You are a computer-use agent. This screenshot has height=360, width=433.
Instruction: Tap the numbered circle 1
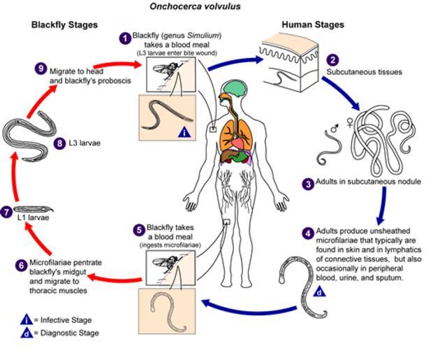(125, 38)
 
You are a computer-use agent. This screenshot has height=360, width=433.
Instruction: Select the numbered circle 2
(332, 60)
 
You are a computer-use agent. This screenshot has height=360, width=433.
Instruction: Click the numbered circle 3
(307, 184)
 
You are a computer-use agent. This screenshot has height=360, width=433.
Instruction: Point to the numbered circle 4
(308, 232)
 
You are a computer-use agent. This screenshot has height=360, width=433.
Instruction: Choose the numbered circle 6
(22, 264)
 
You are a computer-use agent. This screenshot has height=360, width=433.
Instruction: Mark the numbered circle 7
(7, 211)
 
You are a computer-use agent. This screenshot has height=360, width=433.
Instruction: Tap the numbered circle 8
(61, 144)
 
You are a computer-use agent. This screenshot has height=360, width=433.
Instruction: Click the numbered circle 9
(41, 68)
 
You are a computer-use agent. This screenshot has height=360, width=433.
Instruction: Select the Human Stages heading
(312, 25)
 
